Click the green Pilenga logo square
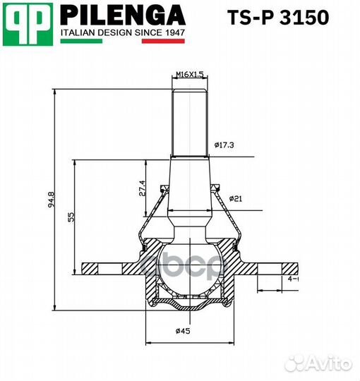coord(28,23)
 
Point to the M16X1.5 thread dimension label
coord(188,74)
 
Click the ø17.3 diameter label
coord(225,145)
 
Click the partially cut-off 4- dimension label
coord(292,279)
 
